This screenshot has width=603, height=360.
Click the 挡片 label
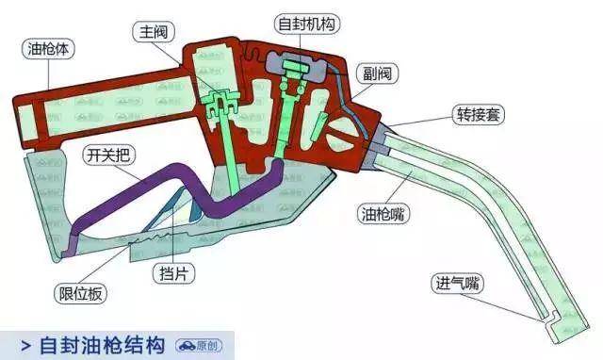coord(171,270)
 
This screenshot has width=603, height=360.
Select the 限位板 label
coord(80,294)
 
